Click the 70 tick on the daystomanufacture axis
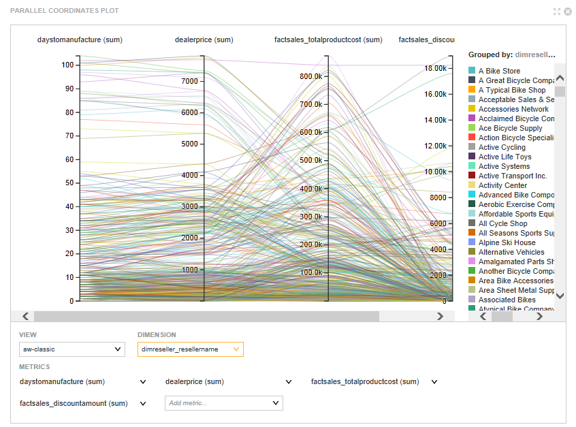tap(67, 136)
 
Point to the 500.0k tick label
tap(310, 161)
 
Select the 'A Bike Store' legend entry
tap(499, 71)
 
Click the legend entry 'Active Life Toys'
tap(505, 157)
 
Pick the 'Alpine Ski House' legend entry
tap(507, 242)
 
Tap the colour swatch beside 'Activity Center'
tap(472, 185)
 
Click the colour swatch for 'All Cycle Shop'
tap(472, 223)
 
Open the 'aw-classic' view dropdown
tap(72, 349)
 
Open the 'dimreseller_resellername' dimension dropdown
tap(190, 349)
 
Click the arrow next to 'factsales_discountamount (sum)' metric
tap(143, 403)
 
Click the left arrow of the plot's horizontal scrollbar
tap(26, 316)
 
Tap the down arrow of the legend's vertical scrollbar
tap(560, 296)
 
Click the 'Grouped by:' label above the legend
tap(490, 54)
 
